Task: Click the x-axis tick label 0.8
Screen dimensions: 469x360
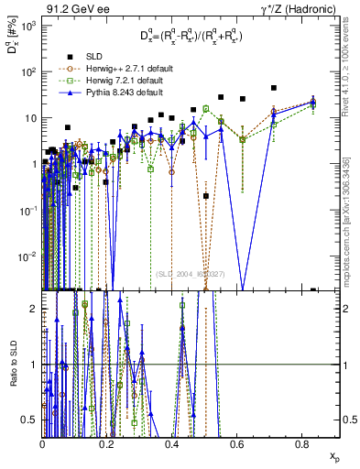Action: click(302, 443)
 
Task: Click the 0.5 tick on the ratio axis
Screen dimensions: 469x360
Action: click(32, 420)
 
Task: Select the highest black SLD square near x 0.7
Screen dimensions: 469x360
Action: click(274, 88)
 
